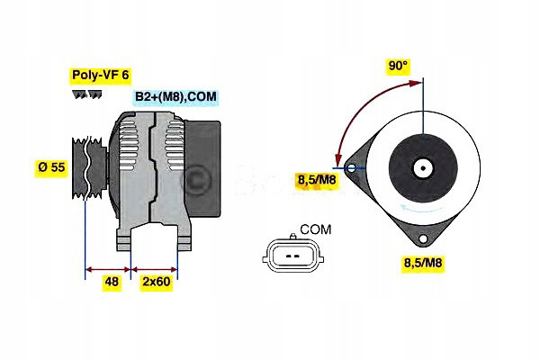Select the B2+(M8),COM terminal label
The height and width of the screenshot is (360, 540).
175,97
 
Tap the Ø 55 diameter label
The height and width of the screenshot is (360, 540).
51,167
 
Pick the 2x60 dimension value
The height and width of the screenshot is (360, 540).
156,282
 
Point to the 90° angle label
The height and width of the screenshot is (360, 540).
398,66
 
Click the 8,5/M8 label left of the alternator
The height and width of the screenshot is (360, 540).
316,181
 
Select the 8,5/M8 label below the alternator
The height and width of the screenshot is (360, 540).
422,263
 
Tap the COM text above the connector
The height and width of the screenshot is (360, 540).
315,230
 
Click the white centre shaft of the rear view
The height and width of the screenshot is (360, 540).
420,167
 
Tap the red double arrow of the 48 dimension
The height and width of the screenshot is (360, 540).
108,267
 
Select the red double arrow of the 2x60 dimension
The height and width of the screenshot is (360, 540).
155,267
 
